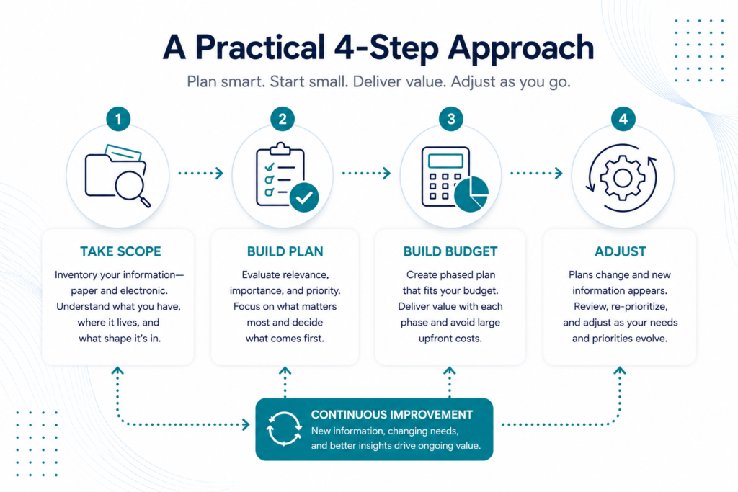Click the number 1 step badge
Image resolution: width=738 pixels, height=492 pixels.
point(118,119)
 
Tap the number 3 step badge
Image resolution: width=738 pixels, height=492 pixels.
point(451,119)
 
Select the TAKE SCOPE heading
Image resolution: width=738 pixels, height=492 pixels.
point(120,251)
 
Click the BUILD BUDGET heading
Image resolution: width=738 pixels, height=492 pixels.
point(450,251)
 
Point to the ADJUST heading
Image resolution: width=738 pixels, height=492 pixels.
point(621,251)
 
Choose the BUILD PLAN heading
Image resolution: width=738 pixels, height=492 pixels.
point(285,251)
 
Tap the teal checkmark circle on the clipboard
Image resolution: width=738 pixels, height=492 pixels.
point(304,197)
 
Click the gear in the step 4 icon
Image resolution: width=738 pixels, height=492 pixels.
point(623,178)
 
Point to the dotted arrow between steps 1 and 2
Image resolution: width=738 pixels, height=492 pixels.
point(200,173)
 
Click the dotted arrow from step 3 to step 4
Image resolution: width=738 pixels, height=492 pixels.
point(536,173)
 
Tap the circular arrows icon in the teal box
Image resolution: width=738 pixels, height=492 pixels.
point(284,429)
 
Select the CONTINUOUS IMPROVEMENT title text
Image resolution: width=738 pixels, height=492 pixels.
point(391,414)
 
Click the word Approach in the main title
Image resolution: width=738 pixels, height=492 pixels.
point(521,49)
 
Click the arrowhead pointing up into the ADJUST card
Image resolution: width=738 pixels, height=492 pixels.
point(620,371)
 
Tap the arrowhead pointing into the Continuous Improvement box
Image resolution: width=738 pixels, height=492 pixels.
point(246,425)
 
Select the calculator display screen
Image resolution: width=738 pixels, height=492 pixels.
point(445,161)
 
